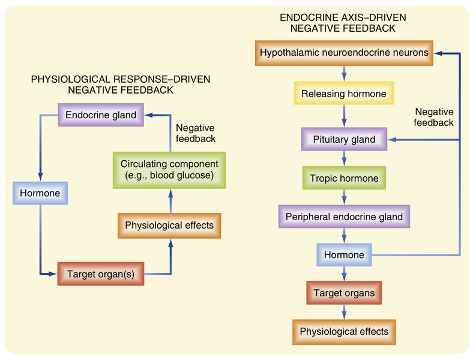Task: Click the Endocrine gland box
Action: [103, 114]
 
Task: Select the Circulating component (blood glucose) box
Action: [169, 169]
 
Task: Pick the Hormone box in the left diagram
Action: [40, 194]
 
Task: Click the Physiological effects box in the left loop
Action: [169, 226]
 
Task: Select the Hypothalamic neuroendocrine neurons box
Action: [344, 53]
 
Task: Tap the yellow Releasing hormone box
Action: [344, 94]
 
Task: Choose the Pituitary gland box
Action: [344, 140]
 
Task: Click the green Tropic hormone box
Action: [344, 178]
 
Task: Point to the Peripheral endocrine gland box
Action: [344, 216]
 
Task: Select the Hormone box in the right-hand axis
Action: [344, 255]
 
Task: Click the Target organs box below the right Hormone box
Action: [344, 293]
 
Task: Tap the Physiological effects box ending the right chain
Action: [344, 331]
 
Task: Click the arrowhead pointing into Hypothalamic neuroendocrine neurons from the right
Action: [439, 53]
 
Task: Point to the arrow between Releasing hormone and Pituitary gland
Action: [344, 117]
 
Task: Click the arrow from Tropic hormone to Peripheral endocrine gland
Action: [344, 197]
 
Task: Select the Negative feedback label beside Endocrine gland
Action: [195, 133]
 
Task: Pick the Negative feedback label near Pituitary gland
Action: [434, 117]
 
